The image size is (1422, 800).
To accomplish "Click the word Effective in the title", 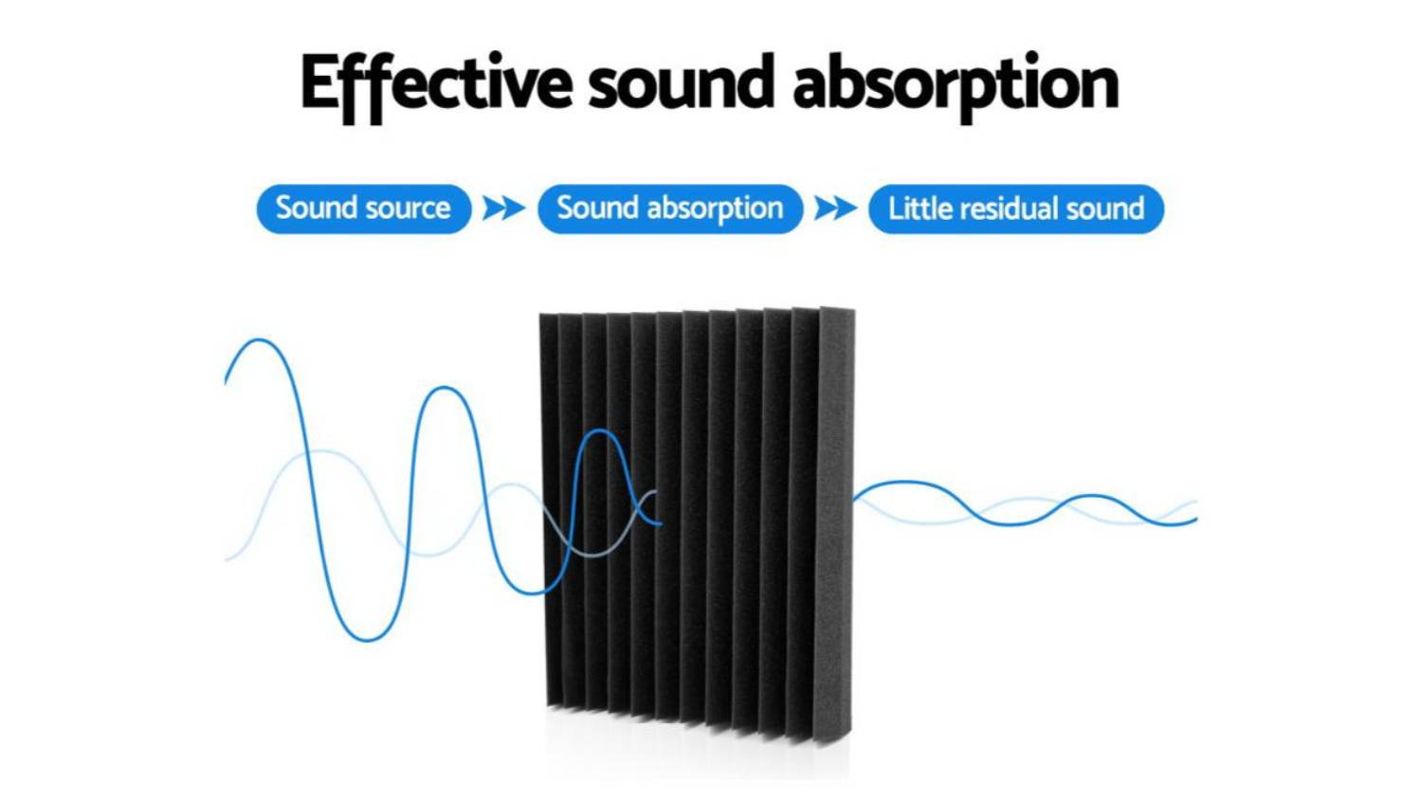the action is [x=437, y=86].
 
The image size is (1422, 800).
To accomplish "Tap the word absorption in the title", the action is [x=956, y=86].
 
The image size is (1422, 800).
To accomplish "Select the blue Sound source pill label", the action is [x=364, y=209].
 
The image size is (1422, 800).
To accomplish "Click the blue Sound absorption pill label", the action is [x=670, y=209].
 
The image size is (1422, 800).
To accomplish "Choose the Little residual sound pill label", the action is [x=1016, y=209].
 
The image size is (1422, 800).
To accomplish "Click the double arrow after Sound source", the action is [x=504, y=209].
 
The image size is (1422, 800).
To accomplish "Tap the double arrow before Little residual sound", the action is [x=835, y=209].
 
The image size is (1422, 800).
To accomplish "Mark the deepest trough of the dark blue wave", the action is [x=368, y=640].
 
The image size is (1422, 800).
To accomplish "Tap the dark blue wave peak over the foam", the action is [x=600, y=431].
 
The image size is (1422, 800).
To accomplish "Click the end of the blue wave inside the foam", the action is [x=661, y=523].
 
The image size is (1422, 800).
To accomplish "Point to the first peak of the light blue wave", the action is [x=324, y=452].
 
